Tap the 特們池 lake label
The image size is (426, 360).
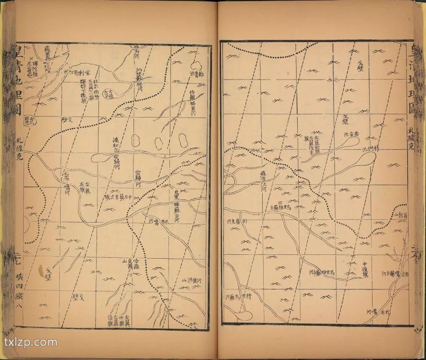pos(370,150)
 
